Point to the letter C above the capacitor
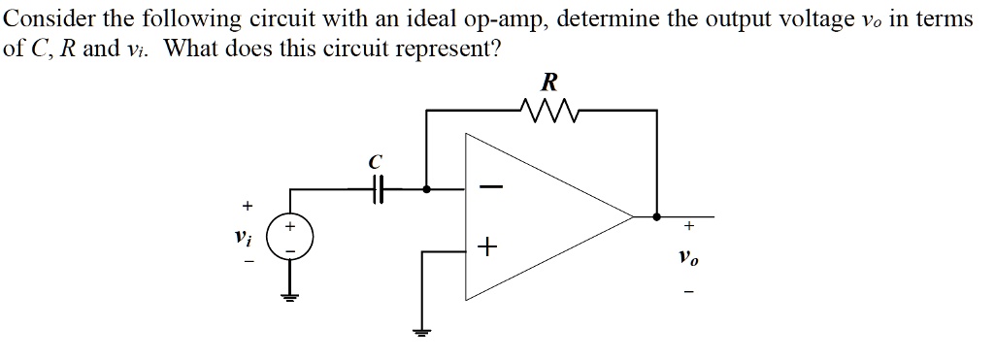(377, 160)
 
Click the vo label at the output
(688, 259)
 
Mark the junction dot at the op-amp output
(658, 216)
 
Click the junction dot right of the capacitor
(425, 190)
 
